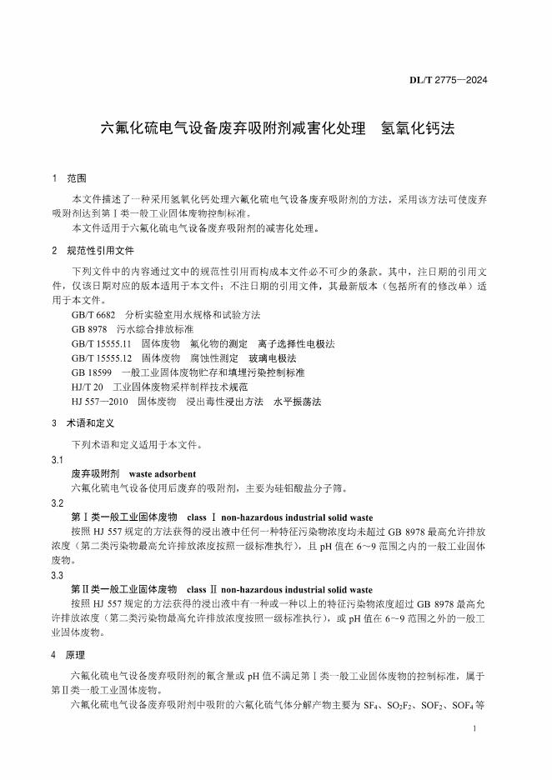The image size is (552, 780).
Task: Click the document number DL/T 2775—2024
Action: click(x=448, y=80)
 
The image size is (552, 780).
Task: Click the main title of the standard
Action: click(x=276, y=129)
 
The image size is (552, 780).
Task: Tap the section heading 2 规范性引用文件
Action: click(x=90, y=250)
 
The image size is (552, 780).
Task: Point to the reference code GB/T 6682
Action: click(x=93, y=315)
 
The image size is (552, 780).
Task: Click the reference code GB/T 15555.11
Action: click(x=102, y=343)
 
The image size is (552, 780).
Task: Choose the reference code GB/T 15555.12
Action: click(x=102, y=357)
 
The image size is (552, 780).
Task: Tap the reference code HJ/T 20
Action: click(x=88, y=386)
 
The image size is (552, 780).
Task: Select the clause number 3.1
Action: click(x=58, y=459)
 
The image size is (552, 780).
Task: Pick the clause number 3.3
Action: click(x=58, y=574)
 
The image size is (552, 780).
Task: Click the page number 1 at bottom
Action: click(x=474, y=729)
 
